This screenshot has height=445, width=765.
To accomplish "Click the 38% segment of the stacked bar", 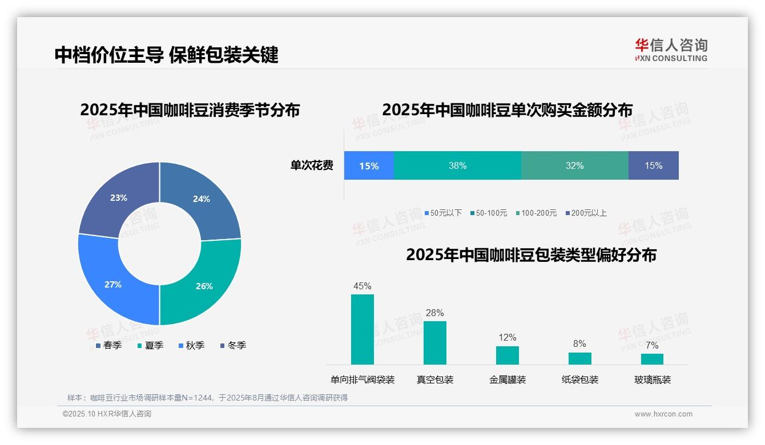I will click(457, 165).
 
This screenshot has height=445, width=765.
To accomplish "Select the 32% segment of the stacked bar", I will click(574, 165).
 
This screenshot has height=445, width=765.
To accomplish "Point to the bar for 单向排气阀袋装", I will click(362, 329).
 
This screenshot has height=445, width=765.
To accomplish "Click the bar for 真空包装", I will click(434, 342).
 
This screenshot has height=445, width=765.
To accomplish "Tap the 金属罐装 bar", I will click(507, 355).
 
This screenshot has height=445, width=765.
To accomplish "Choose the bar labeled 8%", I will click(579, 358).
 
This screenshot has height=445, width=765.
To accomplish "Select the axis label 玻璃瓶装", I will click(652, 379).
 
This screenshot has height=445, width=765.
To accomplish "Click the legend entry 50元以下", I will click(443, 213).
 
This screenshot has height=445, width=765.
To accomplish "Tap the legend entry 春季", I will click(109, 345).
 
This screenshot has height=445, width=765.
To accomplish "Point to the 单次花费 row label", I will click(312, 165).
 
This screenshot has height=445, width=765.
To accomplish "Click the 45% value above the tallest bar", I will click(362, 286).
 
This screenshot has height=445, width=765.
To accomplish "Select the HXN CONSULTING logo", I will click(671, 50).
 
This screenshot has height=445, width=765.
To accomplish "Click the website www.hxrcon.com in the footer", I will click(663, 414).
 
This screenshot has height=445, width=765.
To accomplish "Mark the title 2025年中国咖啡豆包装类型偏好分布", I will click(531, 254).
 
